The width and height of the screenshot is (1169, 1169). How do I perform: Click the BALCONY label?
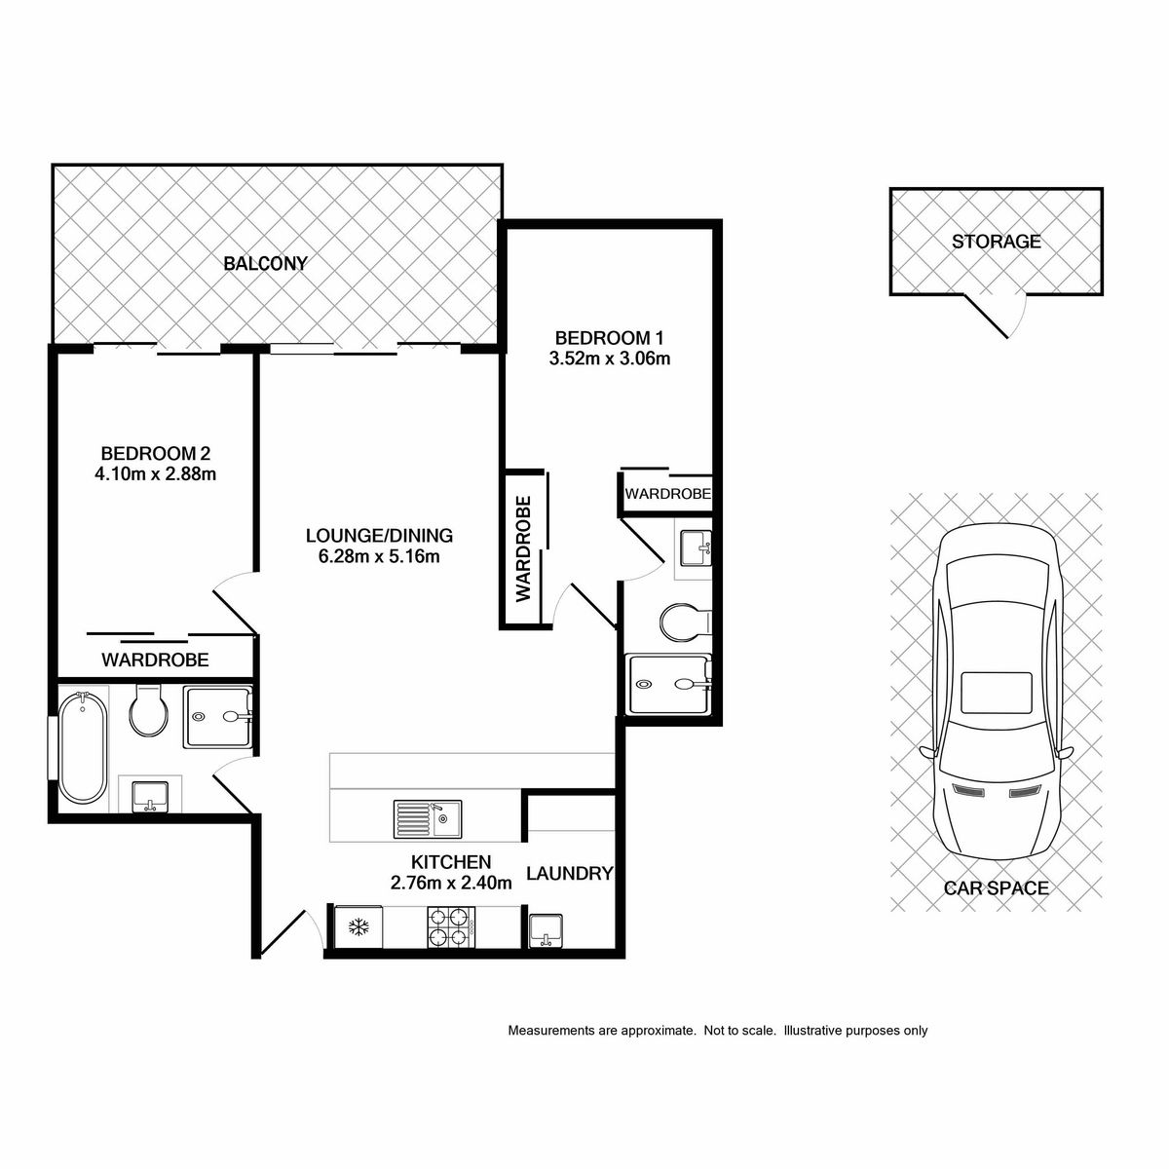pyautogui.click(x=266, y=263)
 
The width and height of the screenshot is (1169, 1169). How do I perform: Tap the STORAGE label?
pyautogui.click(x=997, y=242)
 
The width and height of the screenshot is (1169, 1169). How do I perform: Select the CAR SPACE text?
pyautogui.click(x=997, y=888)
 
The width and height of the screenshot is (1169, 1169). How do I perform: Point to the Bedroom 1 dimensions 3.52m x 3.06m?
pyautogui.click(x=610, y=358)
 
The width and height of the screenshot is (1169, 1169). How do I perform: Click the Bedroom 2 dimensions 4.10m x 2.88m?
pyautogui.click(x=155, y=473)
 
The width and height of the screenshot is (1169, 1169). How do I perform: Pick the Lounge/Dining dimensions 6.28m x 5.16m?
pyautogui.click(x=379, y=556)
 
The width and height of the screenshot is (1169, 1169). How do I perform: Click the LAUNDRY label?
pyautogui.click(x=570, y=874)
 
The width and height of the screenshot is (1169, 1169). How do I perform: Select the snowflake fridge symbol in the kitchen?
pyautogui.click(x=358, y=927)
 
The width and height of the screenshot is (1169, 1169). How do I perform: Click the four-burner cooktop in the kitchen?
pyautogui.click(x=451, y=927)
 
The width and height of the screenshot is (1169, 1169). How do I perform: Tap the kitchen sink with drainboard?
pyautogui.click(x=428, y=819)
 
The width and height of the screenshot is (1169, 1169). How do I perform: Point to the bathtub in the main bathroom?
pyautogui.click(x=83, y=748)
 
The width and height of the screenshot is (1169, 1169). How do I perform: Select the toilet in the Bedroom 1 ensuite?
pyautogui.click(x=684, y=622)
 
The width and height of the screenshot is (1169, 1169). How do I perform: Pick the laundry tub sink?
pyautogui.click(x=546, y=930)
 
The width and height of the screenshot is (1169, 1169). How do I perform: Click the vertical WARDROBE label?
pyautogui.click(x=523, y=549)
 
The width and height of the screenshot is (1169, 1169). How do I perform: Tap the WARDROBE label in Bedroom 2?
pyautogui.click(x=155, y=660)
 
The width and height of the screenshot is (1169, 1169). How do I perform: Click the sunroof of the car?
pyautogui.click(x=997, y=693)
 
